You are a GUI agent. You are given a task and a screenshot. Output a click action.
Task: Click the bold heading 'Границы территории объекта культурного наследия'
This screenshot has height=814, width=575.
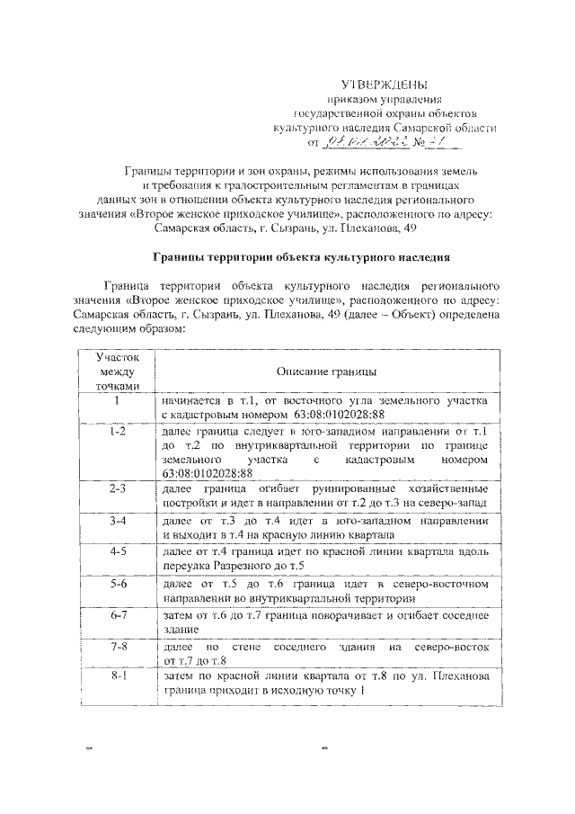[x=301, y=256]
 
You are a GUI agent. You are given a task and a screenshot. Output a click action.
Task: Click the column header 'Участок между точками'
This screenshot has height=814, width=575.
[x=118, y=371]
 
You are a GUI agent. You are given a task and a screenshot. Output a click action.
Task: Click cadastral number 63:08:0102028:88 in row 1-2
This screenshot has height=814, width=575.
[x=208, y=473]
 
